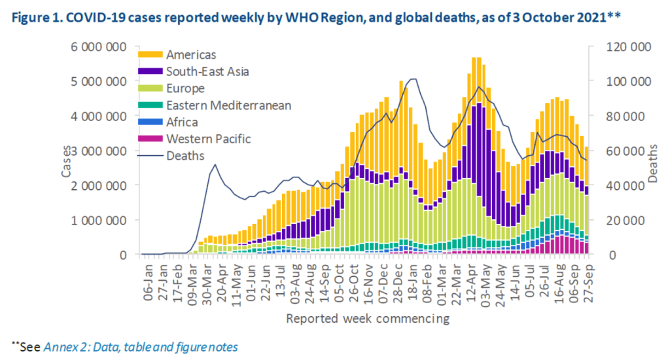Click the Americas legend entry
[190, 55]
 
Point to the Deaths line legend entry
[185, 156]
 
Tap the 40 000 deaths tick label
[627, 185]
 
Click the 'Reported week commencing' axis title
[367, 319]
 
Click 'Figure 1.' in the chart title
[35, 18]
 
